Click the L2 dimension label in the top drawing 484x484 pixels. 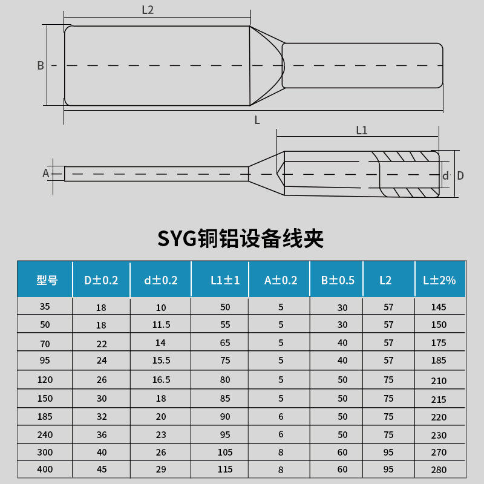pos(148,10)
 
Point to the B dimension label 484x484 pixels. pos(41,65)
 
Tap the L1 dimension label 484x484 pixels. pos(362,130)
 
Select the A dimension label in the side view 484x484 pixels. pos(45,174)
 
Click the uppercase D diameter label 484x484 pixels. pos(460,175)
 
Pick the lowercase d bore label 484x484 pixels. pos(446,176)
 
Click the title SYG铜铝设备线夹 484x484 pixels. pos(241,238)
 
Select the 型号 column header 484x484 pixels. pos(47,280)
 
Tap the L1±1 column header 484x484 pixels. pos(225,280)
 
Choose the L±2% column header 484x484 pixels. pos(439,280)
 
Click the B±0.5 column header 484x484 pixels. pos(338,280)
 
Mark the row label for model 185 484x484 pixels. pos(45,417)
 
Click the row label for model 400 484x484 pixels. pos(45,469)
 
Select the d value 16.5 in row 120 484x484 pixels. pos(162,380)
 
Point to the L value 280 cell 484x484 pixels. pos(439,469)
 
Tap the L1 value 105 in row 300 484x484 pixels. pos(225,452)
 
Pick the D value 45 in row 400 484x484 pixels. pos(101,469)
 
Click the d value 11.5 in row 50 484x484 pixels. pos(162,325)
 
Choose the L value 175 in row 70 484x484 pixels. pos(439,343)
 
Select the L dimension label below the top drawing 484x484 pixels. pos(257,120)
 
